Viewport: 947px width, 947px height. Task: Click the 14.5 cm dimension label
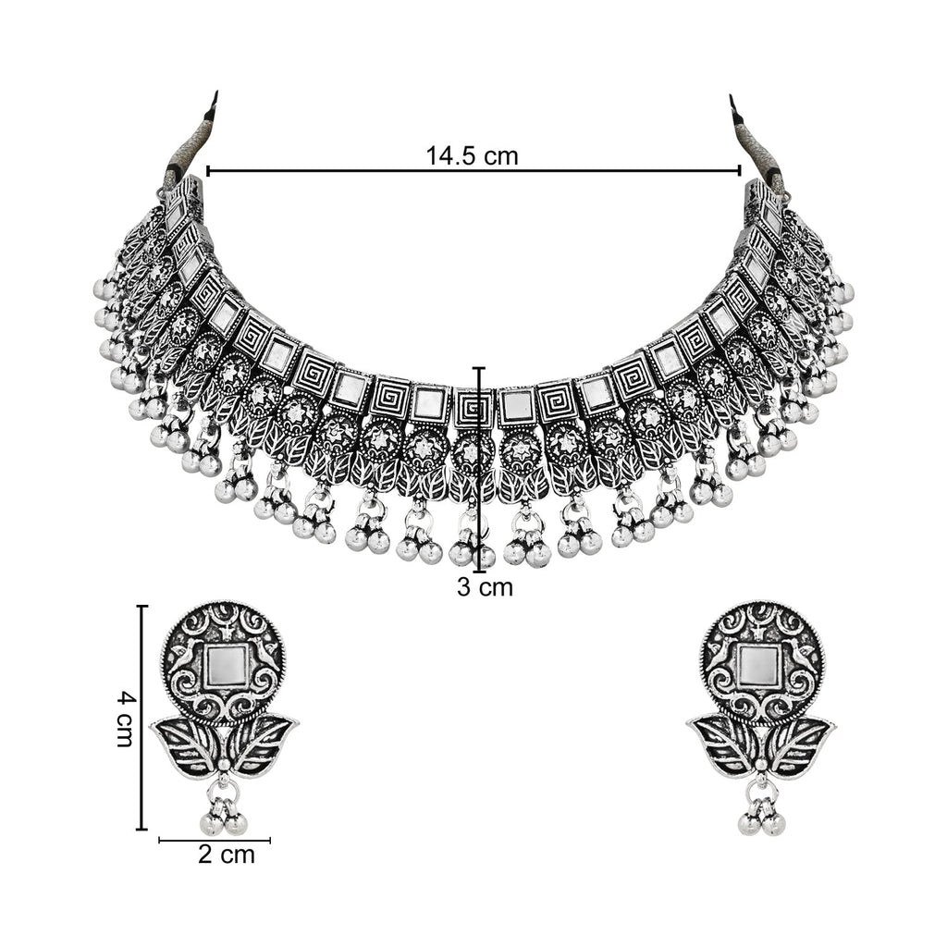pyautogui.click(x=472, y=155)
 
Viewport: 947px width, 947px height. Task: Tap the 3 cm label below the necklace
pyautogui.click(x=485, y=586)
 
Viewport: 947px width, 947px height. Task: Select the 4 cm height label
pyautogui.click(x=126, y=718)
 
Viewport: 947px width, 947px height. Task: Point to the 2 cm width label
pyautogui.click(x=226, y=855)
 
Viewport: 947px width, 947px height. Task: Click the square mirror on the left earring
pyautogui.click(x=224, y=664)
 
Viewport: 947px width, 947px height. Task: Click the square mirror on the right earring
pyautogui.click(x=759, y=664)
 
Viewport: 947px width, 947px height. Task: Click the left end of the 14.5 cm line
pyautogui.click(x=206, y=171)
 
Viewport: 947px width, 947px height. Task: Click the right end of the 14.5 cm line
pyautogui.click(x=740, y=171)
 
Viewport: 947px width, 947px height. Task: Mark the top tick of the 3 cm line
pyautogui.click(x=479, y=368)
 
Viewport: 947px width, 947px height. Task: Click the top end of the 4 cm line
pyautogui.click(x=141, y=607)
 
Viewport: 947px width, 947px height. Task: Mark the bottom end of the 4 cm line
pyautogui.click(x=141, y=830)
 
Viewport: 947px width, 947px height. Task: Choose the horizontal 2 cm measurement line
pyautogui.click(x=215, y=841)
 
